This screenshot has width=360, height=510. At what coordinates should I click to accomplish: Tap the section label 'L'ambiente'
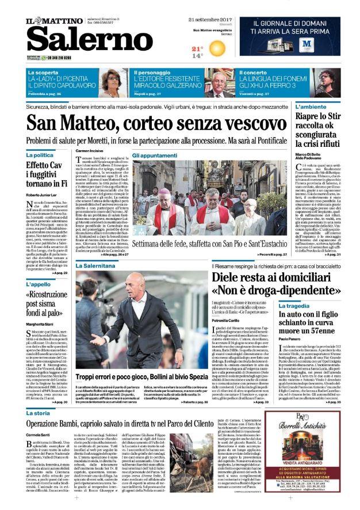coord(326,106)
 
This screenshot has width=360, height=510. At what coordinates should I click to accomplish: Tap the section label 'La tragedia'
coord(294,306)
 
